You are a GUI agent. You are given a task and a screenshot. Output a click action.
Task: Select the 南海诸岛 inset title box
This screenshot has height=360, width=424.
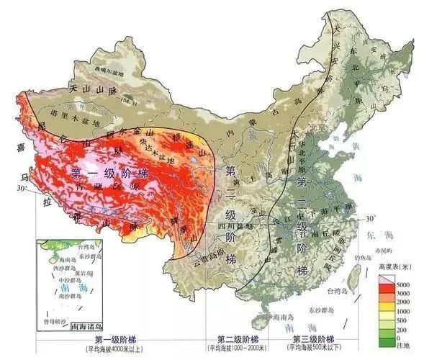(x=90, y=325)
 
